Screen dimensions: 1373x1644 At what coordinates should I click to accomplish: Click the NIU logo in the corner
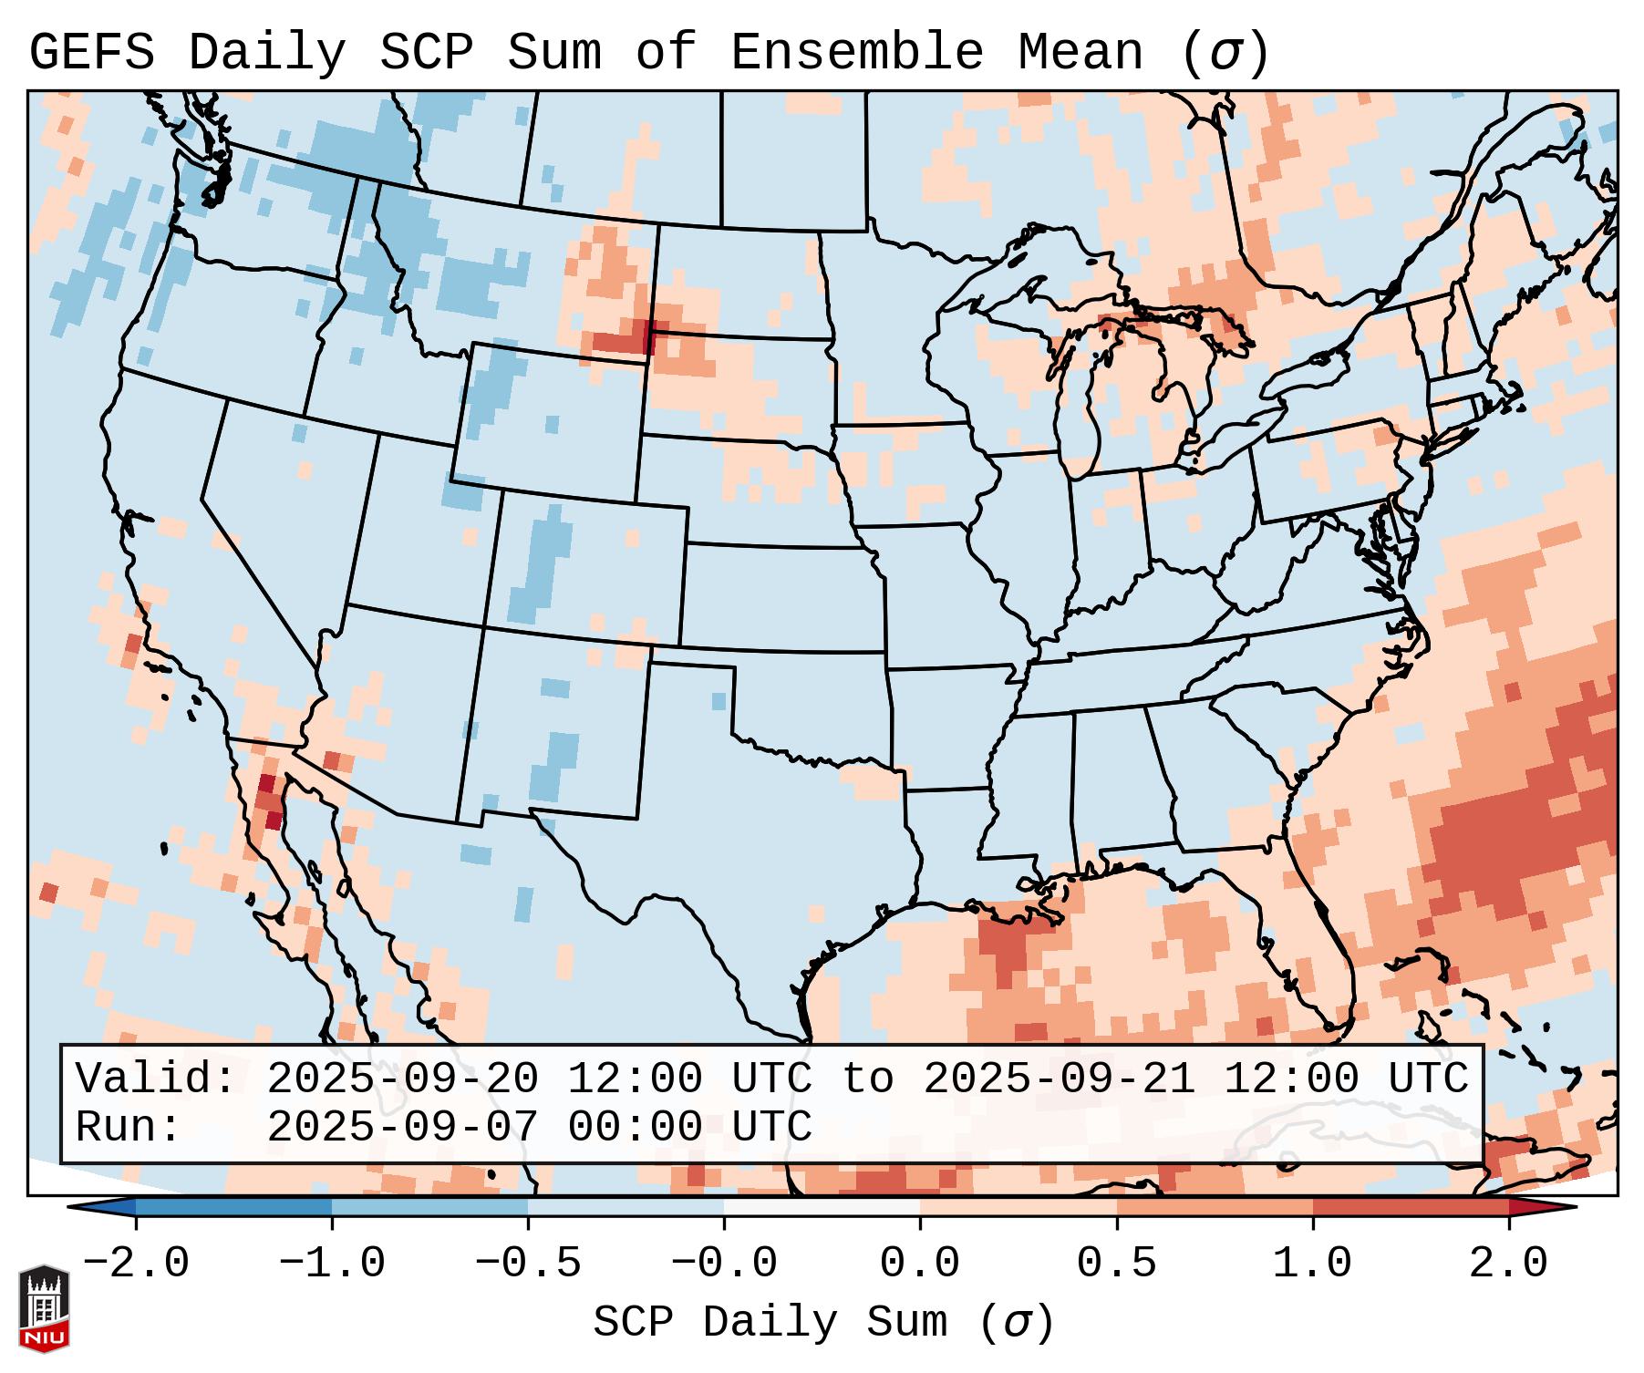click(44, 1307)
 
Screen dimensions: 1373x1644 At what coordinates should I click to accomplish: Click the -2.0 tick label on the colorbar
click(136, 1264)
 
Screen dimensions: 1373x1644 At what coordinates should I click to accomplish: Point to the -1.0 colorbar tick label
click(332, 1264)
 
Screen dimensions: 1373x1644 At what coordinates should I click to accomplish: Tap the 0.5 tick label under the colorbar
click(1116, 1264)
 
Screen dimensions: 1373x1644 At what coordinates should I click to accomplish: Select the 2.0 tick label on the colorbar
click(1508, 1264)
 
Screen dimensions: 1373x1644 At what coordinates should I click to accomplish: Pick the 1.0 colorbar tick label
click(1312, 1264)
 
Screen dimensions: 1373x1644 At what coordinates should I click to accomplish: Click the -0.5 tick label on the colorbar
click(528, 1264)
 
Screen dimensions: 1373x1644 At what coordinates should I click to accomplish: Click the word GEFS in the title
click(92, 52)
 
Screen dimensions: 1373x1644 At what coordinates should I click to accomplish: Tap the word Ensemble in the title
click(856, 52)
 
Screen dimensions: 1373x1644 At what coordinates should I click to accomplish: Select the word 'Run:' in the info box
click(129, 1127)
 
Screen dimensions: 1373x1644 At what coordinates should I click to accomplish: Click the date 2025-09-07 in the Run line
click(402, 1127)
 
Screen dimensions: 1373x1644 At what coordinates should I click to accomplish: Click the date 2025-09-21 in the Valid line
click(1059, 1079)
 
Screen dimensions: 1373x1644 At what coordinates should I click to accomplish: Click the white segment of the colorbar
click(822, 1207)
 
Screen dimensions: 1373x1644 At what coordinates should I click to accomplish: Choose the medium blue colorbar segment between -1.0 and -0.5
click(429, 1207)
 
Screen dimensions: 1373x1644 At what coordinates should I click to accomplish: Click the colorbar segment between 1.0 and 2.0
click(1410, 1207)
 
